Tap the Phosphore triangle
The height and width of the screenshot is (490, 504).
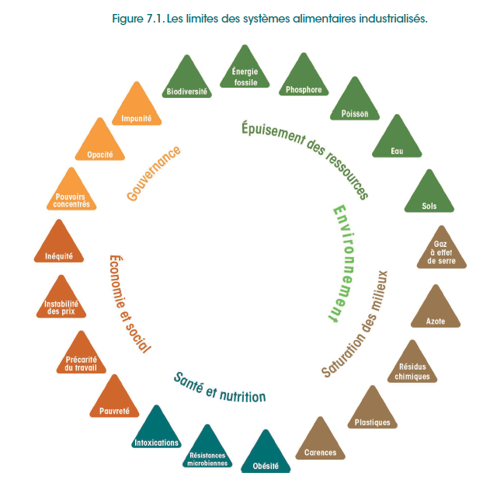coord(304,80)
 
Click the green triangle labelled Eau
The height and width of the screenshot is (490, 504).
coord(397,141)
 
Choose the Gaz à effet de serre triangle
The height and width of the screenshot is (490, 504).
coord(442,248)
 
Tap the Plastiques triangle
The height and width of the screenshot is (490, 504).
coord(372,412)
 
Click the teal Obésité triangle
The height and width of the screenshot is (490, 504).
coord(266,456)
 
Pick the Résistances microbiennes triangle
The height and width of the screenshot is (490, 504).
coord(207,450)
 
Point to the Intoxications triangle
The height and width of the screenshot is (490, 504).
coord(155,431)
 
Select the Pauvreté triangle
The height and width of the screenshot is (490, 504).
coord(114,401)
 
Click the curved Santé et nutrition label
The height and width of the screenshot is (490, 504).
coord(220,386)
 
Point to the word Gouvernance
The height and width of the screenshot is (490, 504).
coord(154,173)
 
